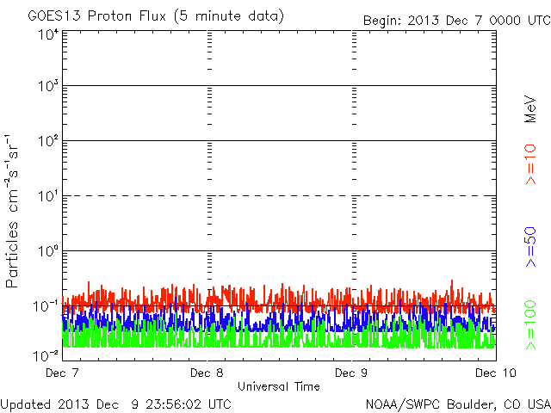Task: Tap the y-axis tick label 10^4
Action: (x=47, y=34)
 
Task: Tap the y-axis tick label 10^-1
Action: (x=46, y=305)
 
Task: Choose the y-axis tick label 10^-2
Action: (x=46, y=354)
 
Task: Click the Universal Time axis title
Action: (x=278, y=386)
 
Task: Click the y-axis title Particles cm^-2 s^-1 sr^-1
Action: (x=15, y=210)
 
